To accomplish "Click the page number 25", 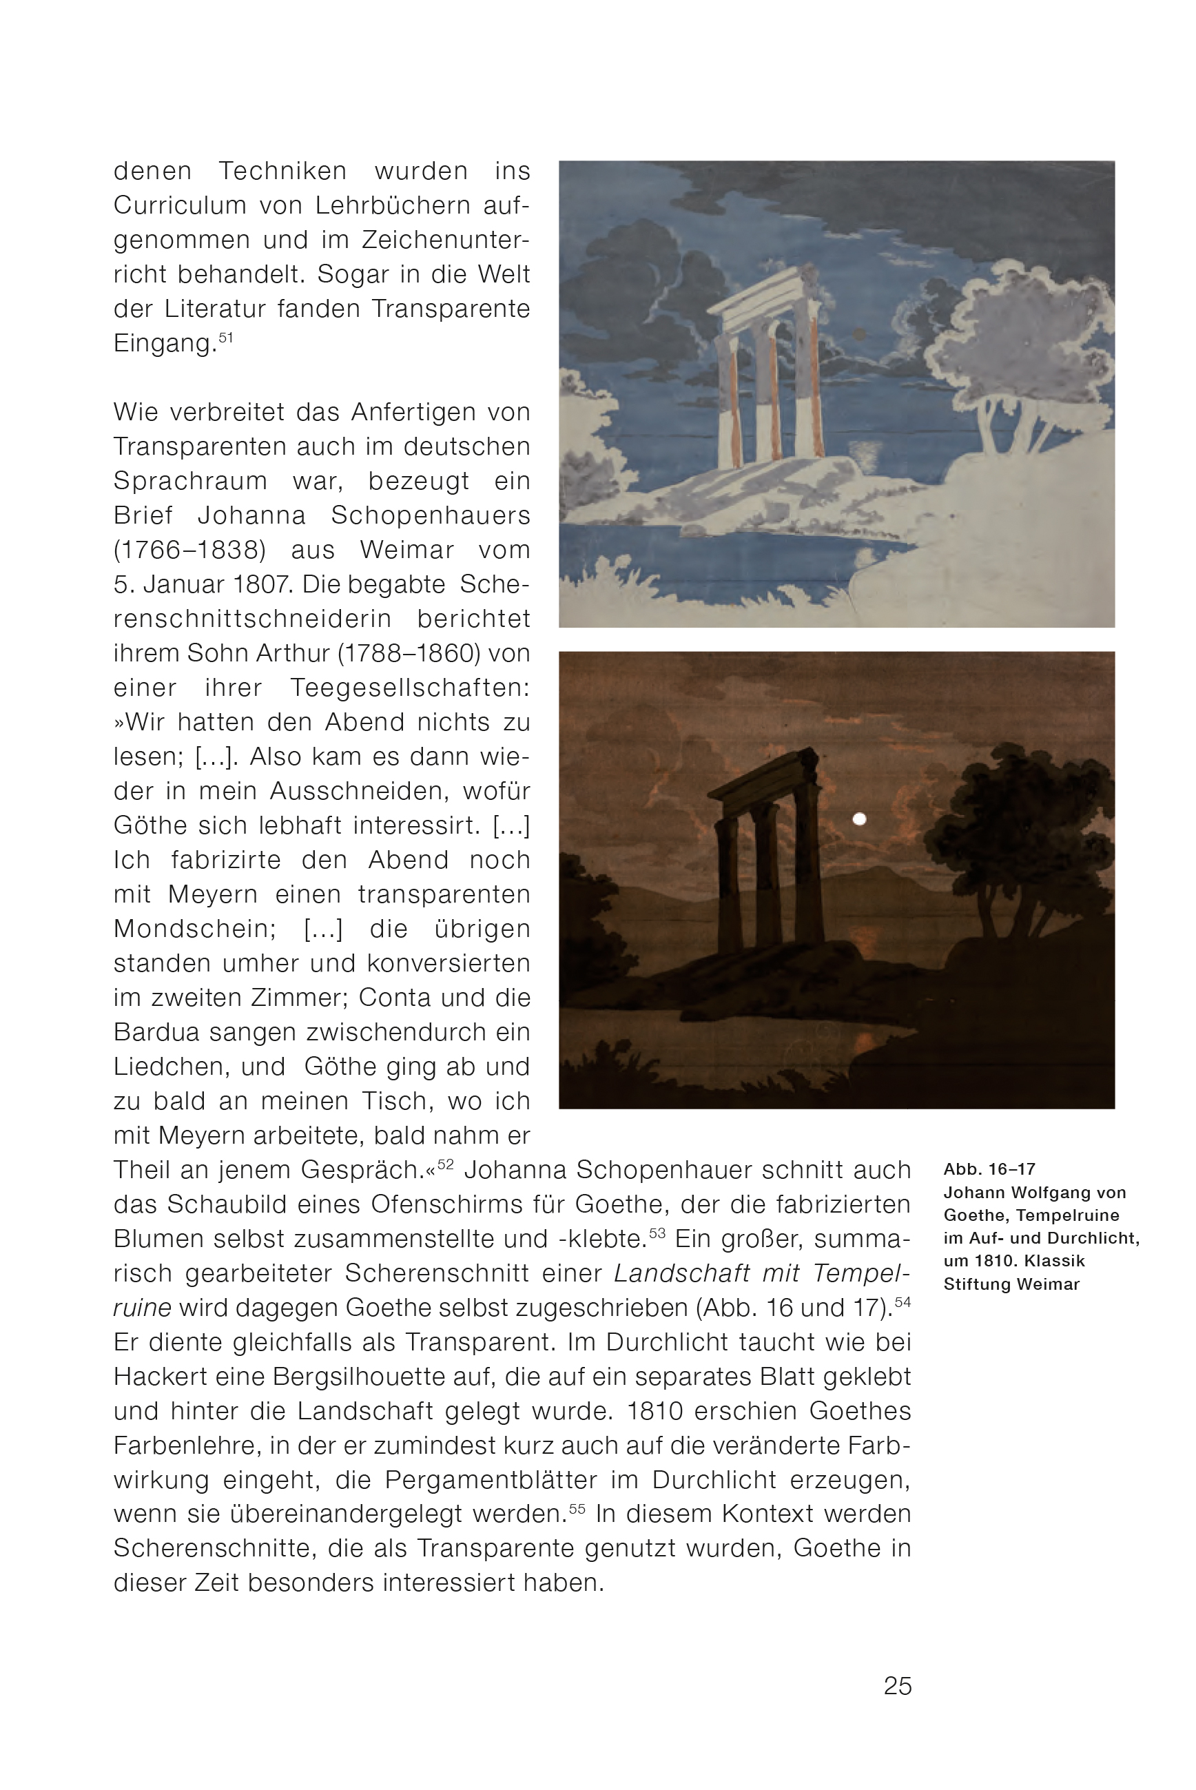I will click(897, 1685).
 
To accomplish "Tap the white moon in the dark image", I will click(860, 819).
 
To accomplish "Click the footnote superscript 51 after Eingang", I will click(226, 336).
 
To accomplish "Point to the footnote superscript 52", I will click(446, 1164).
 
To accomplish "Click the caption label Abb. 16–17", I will click(989, 1169).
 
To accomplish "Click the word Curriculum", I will click(180, 205).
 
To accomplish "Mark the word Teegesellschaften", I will click(410, 688).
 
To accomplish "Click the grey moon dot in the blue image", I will click(860, 334).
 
